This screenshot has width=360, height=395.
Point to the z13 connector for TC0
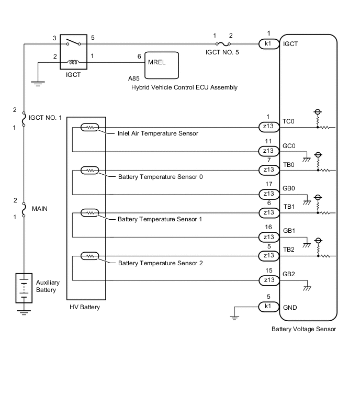(269, 127)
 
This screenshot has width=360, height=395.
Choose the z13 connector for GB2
(269, 280)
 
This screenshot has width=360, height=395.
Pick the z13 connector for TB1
(269, 212)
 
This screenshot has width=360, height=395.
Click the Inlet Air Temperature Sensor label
(158, 133)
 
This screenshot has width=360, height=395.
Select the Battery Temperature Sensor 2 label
(160, 263)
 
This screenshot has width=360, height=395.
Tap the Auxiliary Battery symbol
(24, 287)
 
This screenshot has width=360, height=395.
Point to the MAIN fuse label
(39, 209)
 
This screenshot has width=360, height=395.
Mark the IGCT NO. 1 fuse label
(46, 118)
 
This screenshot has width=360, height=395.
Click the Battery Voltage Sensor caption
(303, 329)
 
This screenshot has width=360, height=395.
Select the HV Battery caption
(84, 307)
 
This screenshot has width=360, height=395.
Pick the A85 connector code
(134, 78)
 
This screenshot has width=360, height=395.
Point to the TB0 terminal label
(289, 164)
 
